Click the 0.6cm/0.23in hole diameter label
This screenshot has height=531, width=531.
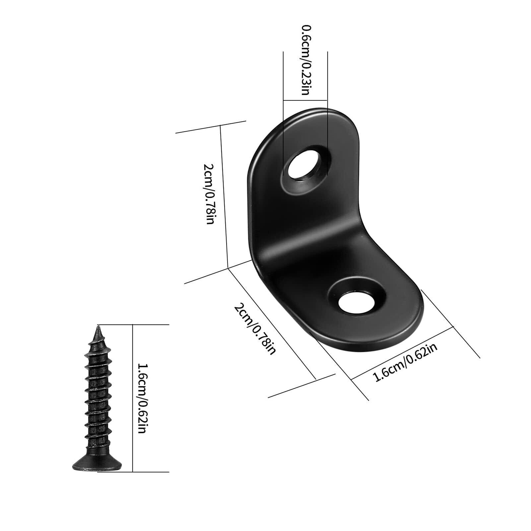click(305, 60)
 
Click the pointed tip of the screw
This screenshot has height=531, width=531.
click(98, 328)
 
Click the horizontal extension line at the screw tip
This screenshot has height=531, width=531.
click(133, 324)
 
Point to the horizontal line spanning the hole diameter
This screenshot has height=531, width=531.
click(305, 99)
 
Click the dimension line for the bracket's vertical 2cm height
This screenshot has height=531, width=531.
click(224, 196)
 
